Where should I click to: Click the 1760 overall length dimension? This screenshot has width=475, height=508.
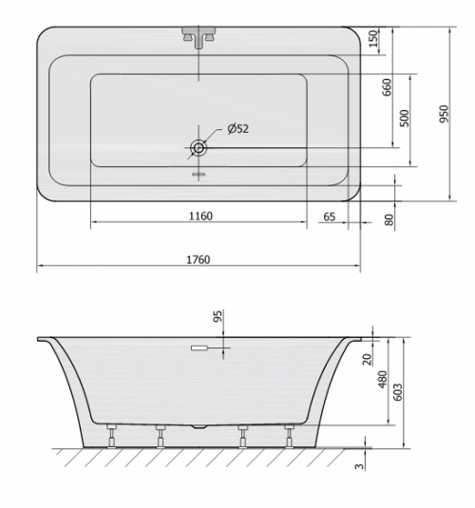[199, 259]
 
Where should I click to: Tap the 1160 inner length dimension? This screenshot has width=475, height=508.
[200, 216]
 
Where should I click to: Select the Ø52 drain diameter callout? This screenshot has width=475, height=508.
[238, 129]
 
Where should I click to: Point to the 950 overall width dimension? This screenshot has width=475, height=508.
[445, 114]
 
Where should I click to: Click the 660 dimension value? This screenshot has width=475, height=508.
[388, 87]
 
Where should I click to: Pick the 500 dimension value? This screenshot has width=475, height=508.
[405, 119]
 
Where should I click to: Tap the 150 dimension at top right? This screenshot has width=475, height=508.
[374, 39]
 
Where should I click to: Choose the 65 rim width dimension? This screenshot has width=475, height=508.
[329, 216]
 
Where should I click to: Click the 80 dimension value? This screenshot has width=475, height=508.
[389, 219]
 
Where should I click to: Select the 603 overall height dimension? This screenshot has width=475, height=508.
[398, 392]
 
